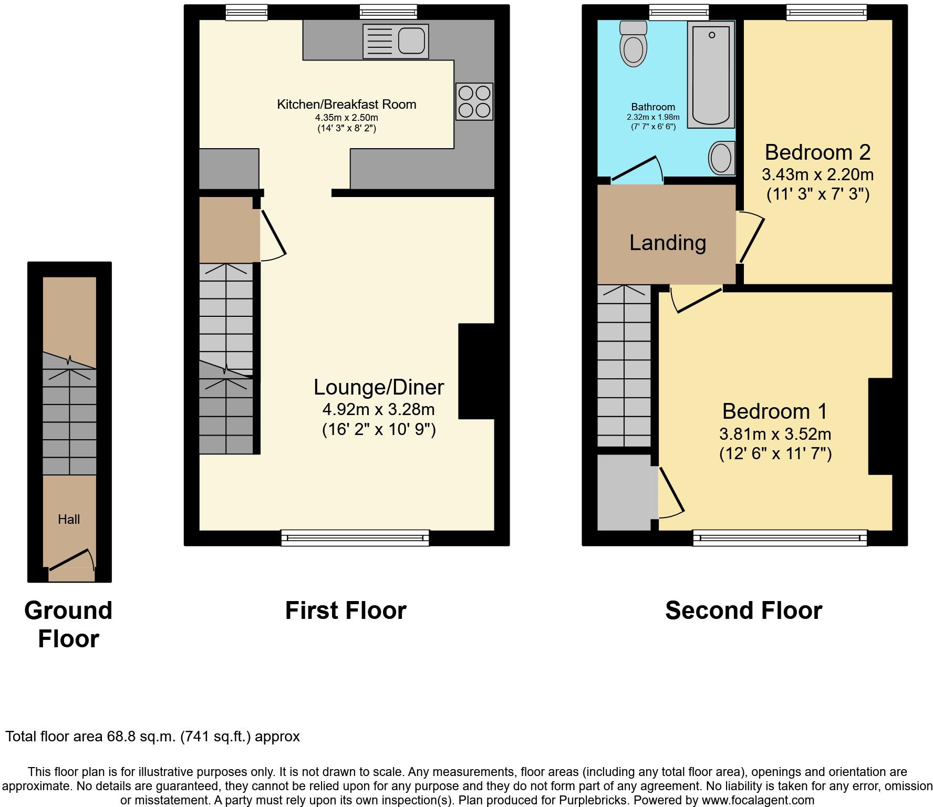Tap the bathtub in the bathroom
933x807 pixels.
711,75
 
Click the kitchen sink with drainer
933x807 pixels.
396,41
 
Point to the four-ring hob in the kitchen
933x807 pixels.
474,101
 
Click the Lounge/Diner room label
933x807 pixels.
379,387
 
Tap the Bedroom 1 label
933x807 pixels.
775,411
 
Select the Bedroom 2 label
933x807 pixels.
818,152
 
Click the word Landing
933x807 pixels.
668,243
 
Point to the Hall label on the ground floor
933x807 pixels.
69,520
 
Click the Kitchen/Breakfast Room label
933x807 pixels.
347,104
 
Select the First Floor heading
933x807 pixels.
346,611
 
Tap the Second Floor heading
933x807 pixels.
744,611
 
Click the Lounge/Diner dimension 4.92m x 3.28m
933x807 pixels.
379,409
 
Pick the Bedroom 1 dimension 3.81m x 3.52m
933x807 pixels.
775,434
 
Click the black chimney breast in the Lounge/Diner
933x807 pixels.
476,371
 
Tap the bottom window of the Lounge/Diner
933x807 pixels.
355,538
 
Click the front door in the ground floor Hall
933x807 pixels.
71,560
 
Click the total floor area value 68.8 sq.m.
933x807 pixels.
139,737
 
